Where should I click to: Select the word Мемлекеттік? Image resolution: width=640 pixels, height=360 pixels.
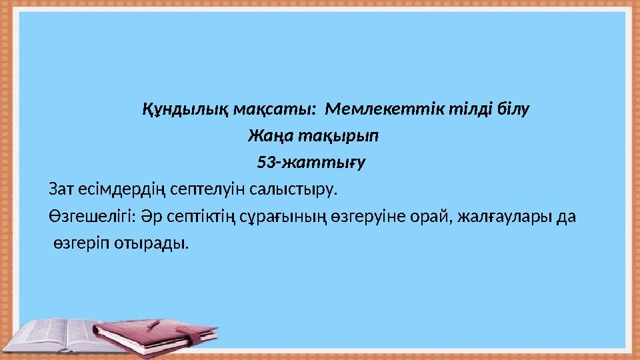click(x=389, y=109)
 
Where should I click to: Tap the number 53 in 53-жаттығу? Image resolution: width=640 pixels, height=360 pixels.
click(x=265, y=162)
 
